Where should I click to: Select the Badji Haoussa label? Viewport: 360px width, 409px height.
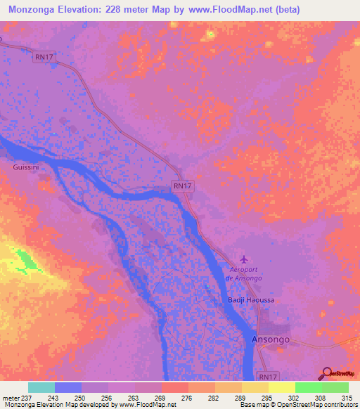point(250,300)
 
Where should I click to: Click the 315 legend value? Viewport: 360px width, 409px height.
point(346,398)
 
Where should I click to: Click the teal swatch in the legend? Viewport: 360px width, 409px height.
point(41,387)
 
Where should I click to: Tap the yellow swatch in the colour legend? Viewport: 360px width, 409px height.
point(281,387)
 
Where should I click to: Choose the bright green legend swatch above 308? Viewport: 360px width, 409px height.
point(308,387)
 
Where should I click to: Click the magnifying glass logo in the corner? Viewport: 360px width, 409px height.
point(328,372)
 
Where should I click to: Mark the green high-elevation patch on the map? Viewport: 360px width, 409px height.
point(27,261)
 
